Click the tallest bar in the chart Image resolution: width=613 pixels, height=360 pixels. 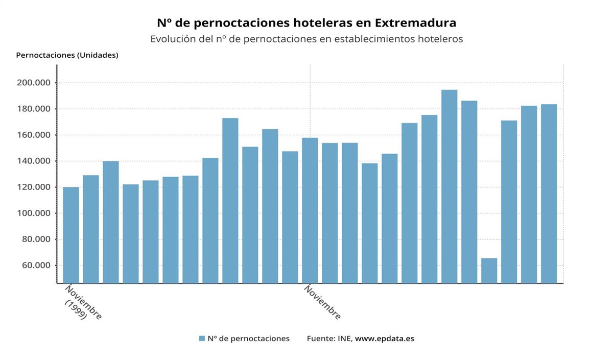[449, 186]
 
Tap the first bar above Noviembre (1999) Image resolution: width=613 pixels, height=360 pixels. [71, 235]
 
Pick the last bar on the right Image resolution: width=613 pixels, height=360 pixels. [549, 194]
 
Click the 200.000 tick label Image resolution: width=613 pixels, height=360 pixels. [34, 83]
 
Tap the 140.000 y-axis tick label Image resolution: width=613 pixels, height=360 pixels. [34, 161]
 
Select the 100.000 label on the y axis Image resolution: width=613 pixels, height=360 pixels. [34, 213]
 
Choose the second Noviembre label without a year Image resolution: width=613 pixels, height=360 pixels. [322, 302]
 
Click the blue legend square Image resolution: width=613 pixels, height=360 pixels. [202, 339]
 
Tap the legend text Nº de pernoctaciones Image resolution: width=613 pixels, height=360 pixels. [248, 339]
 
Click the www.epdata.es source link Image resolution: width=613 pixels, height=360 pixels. [384, 339]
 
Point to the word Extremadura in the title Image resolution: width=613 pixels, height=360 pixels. [415, 23]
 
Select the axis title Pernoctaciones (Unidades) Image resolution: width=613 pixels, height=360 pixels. [67, 55]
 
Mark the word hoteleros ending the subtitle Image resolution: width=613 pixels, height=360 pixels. [440, 39]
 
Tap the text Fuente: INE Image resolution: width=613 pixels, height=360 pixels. [329, 339]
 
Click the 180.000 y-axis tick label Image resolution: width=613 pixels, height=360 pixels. [34, 109]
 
